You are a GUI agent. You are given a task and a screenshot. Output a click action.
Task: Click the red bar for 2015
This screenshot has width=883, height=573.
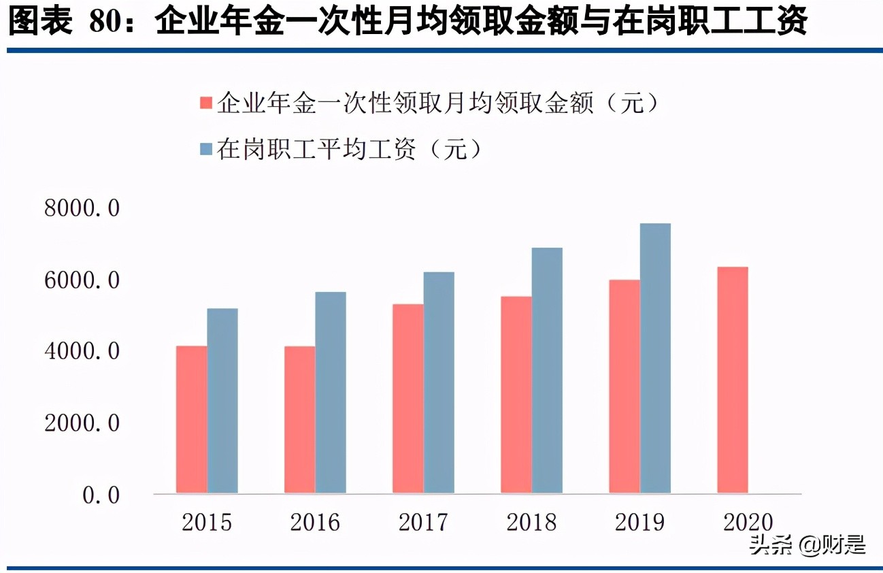pos(191,419)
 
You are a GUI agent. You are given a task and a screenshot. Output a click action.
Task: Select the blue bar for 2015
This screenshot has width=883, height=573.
pos(222,401)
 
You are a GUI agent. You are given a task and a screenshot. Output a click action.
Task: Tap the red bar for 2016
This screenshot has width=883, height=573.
pos(299,419)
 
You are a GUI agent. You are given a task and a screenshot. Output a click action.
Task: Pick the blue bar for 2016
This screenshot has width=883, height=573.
pos(331,393)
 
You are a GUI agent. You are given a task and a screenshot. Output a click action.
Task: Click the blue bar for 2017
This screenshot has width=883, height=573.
pos(439,382)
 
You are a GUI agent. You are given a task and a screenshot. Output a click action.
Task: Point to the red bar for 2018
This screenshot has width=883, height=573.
pos(516,395)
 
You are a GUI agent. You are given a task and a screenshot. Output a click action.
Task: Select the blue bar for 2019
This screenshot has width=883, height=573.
pos(655,358)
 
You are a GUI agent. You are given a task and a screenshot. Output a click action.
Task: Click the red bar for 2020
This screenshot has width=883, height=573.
pos(733,380)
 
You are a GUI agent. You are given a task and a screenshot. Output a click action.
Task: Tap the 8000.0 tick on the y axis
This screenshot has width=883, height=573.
pos(82,208)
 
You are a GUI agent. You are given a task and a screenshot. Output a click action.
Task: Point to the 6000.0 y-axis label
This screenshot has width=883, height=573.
pos(82,280)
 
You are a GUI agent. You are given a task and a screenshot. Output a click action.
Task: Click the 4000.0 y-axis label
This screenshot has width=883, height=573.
pos(82,352)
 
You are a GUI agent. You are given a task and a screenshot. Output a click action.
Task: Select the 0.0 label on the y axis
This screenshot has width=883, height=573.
pos(101,495)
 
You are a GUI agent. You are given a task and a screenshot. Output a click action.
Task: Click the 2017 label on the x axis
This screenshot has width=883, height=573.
pos(423,523)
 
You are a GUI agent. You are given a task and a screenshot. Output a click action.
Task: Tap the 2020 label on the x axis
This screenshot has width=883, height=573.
pos(748,523)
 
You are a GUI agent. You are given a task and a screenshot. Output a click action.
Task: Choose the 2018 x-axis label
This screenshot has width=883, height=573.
pos(531,523)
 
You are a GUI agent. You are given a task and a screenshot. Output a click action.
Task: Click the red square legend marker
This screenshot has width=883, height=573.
pos(206,103)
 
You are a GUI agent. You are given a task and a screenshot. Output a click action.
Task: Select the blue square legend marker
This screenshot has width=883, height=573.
pos(206,149)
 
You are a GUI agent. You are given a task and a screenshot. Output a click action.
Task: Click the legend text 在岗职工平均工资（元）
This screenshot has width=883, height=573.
pos(350,149)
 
